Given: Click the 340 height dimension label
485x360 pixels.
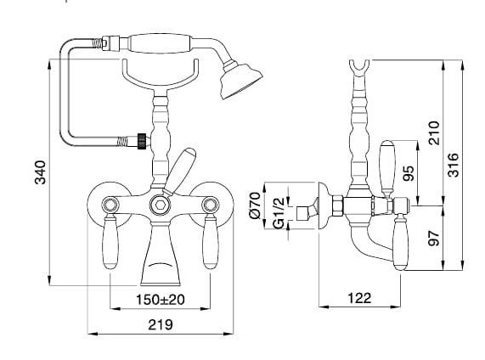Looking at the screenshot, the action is pyautogui.click(x=40, y=172).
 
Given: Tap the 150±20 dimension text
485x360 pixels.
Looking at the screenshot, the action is pyautogui.click(x=161, y=300).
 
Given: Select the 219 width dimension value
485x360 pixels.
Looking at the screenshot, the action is pyautogui.click(x=161, y=324).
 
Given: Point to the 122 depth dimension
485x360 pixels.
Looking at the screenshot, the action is pyautogui.click(x=359, y=298).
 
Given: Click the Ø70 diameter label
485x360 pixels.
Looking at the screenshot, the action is pyautogui.click(x=256, y=205).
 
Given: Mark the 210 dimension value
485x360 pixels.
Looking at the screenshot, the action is pyautogui.click(x=434, y=133).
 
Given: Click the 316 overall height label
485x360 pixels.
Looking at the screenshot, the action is pyautogui.click(x=453, y=165).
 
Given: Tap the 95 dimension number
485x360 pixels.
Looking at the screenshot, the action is pyautogui.click(x=409, y=173).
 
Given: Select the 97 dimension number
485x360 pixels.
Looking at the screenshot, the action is pyautogui.click(x=434, y=238).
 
